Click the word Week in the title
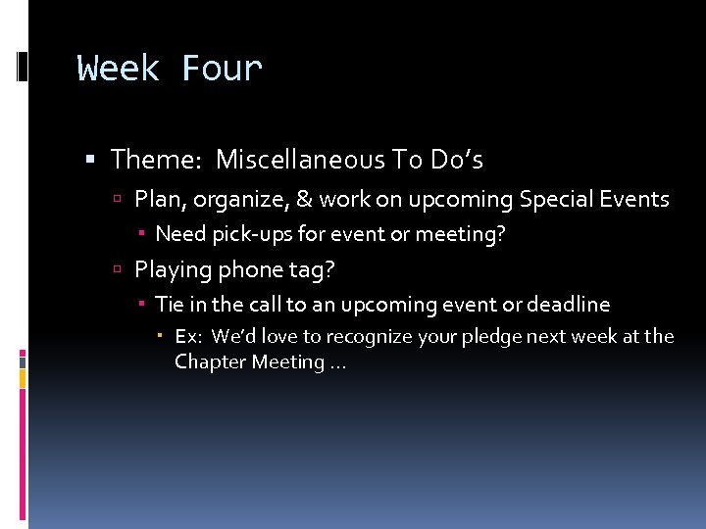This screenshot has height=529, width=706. coord(119,70)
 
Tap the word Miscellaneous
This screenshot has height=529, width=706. coord(300,159)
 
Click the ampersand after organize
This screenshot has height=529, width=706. coord(303,200)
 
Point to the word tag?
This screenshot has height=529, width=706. coord(311,269)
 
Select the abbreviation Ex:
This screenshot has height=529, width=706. coord(189,337)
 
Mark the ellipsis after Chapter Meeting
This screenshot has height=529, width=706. coord(338,364)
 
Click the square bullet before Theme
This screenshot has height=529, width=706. coord(90,160)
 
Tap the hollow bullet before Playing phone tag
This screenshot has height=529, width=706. coord(117,270)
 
